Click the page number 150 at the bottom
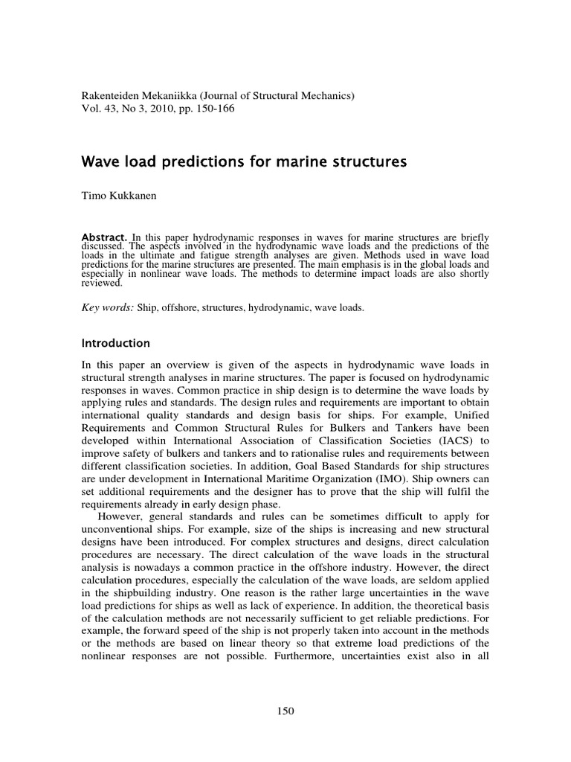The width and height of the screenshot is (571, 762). coord(285,711)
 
